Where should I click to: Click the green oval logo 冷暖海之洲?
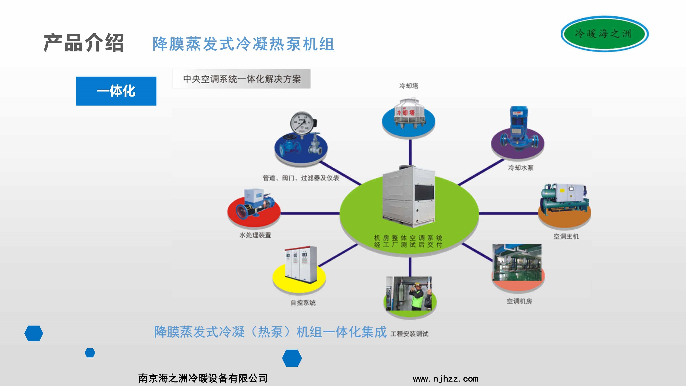click(605, 34)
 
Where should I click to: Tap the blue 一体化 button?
click(116, 91)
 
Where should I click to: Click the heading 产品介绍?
click(84, 43)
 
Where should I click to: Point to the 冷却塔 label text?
click(409, 86)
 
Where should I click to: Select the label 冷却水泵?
click(521, 168)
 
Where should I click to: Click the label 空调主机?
click(566, 236)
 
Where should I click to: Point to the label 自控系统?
click(303, 303)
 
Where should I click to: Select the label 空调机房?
click(519, 301)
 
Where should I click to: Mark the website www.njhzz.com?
click(446, 379)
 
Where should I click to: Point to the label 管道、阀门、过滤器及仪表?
click(301, 178)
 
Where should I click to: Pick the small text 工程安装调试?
click(409, 334)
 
